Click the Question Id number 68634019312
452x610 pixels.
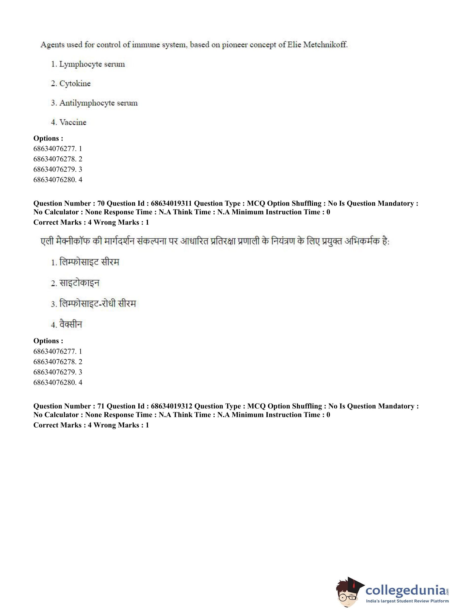[x=172, y=406]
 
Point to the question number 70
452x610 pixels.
[x=101, y=203]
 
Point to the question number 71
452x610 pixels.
[x=101, y=406]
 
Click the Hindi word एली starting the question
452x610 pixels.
[x=47, y=241]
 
